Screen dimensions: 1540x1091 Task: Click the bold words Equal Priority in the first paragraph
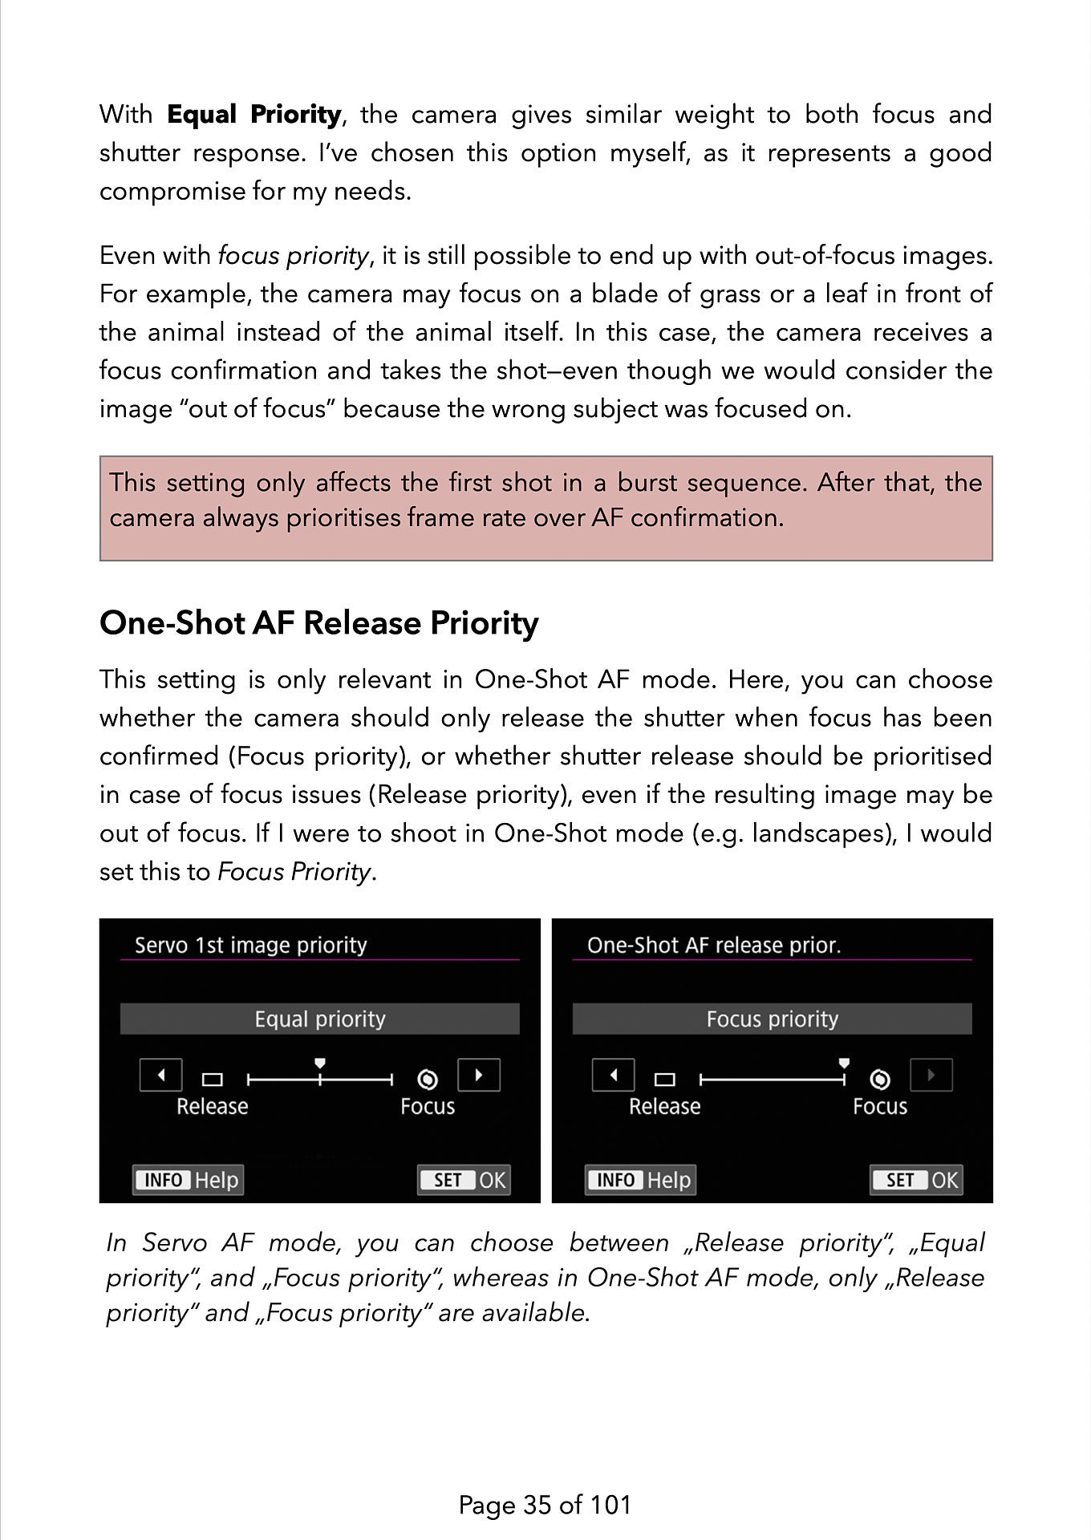(x=254, y=115)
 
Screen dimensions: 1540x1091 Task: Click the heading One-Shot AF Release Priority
(x=318, y=623)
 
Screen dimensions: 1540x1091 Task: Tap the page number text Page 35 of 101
(x=545, y=1505)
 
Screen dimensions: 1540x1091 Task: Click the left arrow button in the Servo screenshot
(x=161, y=1075)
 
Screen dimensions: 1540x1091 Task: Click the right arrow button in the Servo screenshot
(x=479, y=1075)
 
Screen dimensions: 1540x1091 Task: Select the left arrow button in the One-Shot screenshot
(x=614, y=1075)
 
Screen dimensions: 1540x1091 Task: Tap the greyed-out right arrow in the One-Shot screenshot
(x=931, y=1075)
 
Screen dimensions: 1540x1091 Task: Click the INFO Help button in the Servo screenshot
(x=189, y=1180)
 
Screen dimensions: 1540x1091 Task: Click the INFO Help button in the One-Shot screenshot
(x=641, y=1180)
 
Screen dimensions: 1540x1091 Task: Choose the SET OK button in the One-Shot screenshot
(x=916, y=1180)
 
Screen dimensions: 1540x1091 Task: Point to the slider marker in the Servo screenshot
(x=320, y=1064)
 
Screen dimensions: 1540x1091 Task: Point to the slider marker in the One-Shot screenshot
(x=844, y=1064)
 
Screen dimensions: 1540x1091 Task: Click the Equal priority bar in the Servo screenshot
(x=320, y=1019)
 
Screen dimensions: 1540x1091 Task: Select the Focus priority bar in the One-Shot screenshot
(x=772, y=1019)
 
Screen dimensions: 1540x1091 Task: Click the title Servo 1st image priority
(x=250, y=945)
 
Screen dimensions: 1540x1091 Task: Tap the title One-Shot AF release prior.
(x=714, y=945)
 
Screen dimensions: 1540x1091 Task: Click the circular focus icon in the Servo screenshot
(x=428, y=1080)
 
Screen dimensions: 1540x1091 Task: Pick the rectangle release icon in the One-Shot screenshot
(x=665, y=1080)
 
